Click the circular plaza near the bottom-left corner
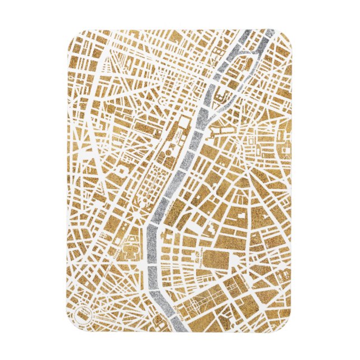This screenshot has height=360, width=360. pyautogui.click(x=82, y=314)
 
